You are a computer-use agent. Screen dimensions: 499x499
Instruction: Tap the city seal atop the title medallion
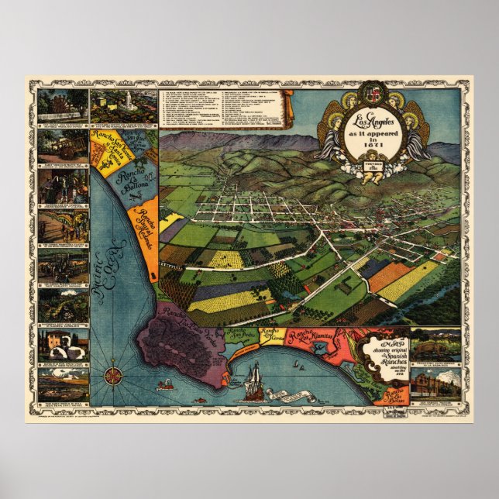click(374, 98)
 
